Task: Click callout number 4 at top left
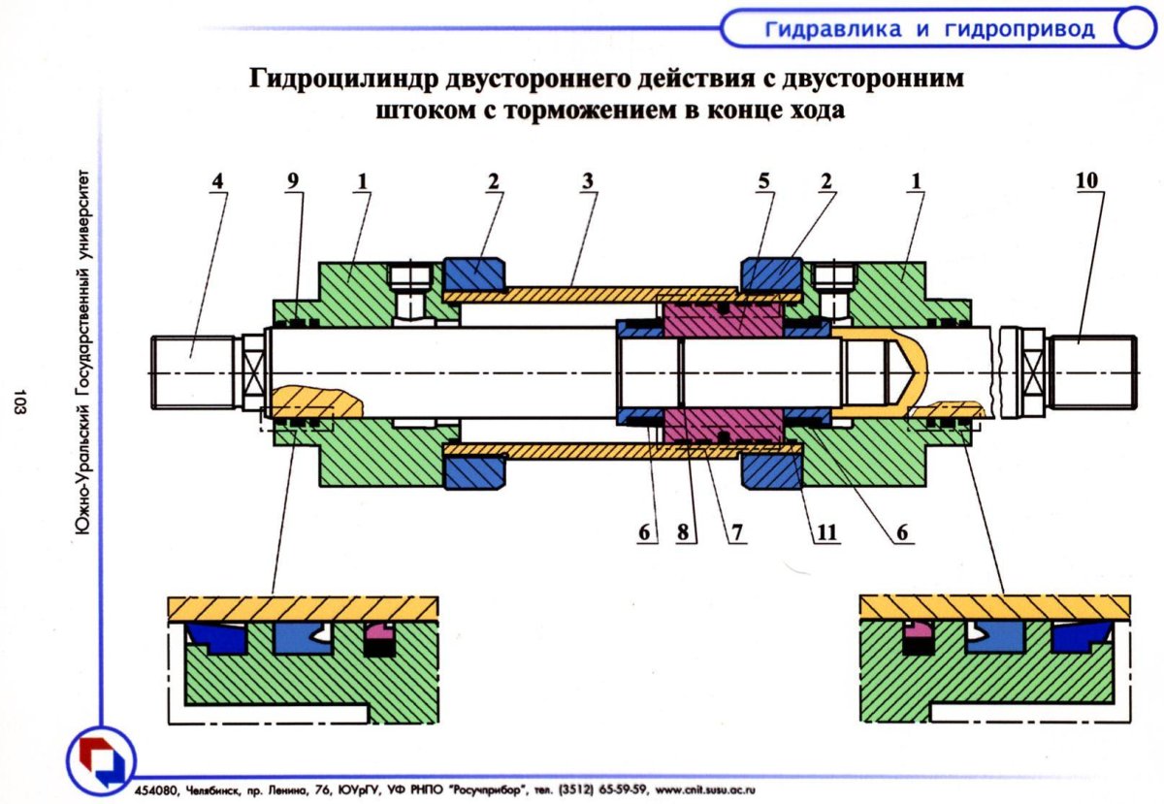pos(217,180)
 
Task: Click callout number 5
pos(765,180)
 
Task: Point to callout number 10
pos(1090,180)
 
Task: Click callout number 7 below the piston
pos(737,532)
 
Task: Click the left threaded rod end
pos(194,372)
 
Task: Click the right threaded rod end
pos(1092,372)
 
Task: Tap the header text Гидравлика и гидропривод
pos(929,29)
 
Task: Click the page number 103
pos(20,402)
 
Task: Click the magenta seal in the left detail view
pos(379,638)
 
